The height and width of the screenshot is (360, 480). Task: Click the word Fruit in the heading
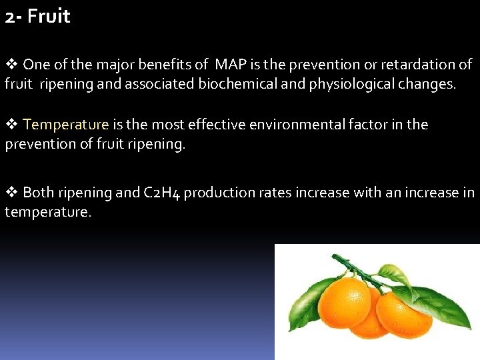tap(49, 17)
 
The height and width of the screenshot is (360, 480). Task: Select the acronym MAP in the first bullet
tap(229, 65)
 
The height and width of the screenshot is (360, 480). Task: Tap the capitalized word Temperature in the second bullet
tap(65, 125)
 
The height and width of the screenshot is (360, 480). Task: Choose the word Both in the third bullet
tap(39, 193)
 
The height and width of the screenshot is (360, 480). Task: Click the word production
tap(215, 193)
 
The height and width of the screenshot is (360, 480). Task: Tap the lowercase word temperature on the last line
tap(47, 213)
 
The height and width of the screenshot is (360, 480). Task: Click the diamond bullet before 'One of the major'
tap(11, 65)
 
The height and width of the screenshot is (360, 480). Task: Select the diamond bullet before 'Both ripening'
tap(11, 193)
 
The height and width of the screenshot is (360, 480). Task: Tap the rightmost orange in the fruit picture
tap(403, 315)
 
